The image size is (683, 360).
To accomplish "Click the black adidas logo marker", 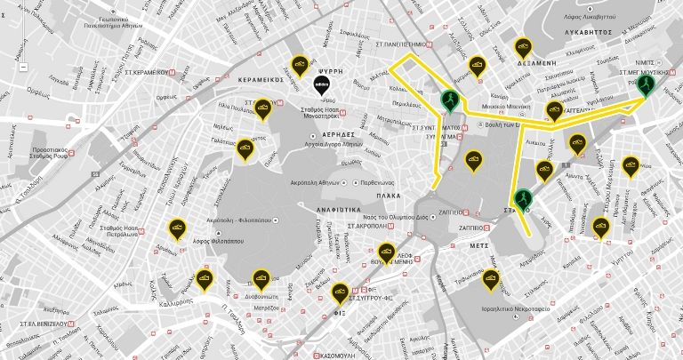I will tap(323, 84).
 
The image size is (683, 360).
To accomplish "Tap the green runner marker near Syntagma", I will tap(451, 100).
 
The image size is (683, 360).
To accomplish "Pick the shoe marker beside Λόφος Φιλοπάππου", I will tap(178, 228).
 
